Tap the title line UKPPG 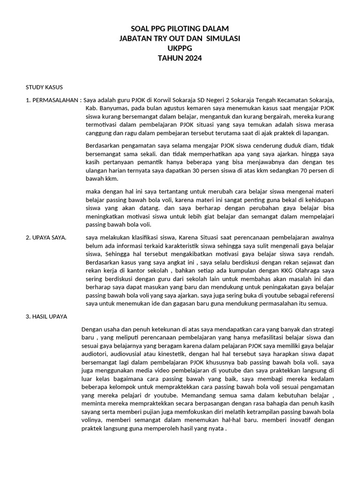[180, 48]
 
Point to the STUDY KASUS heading [44, 87]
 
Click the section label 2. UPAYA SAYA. [45, 238]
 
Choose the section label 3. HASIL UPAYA [46, 316]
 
